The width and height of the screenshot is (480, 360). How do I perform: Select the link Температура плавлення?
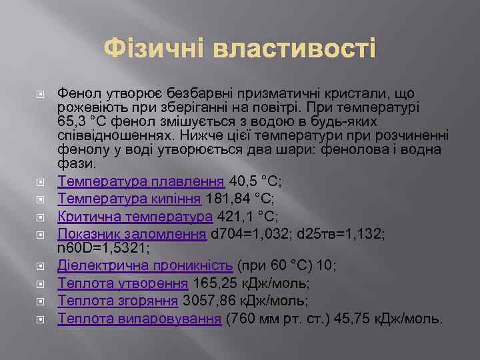click(x=141, y=181)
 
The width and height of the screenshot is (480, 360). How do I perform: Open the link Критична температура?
click(x=135, y=216)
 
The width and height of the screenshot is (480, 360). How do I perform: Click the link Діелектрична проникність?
click(x=145, y=265)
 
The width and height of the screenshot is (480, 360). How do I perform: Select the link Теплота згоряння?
click(x=119, y=300)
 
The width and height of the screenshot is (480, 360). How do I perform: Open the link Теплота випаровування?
click(x=139, y=318)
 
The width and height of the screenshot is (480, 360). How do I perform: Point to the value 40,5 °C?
click(x=256, y=181)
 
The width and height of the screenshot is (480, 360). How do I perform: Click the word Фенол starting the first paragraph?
click(x=77, y=94)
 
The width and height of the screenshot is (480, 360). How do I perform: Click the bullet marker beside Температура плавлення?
click(x=41, y=181)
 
